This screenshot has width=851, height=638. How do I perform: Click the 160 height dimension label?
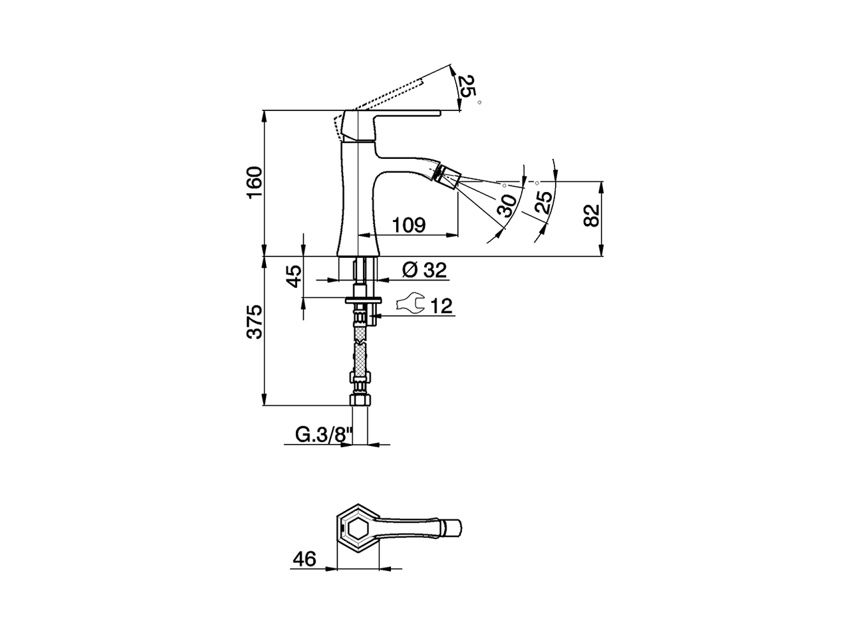coord(255,183)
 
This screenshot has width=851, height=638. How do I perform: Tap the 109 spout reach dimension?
coord(408,225)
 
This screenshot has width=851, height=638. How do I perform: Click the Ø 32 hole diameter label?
coord(424,270)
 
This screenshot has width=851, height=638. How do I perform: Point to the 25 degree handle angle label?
coord(469,87)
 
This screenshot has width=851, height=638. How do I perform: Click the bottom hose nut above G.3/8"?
coord(359,401)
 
